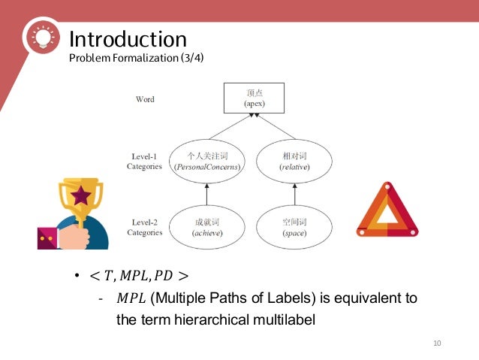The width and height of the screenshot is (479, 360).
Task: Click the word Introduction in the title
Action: (128, 38)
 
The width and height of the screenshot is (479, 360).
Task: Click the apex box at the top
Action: (254, 97)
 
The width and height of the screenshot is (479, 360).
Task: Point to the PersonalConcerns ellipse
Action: (206, 160)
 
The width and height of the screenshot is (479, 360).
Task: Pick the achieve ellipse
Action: (206, 227)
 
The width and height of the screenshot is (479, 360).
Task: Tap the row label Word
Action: (145, 98)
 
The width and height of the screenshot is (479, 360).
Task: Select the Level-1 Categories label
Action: (144, 161)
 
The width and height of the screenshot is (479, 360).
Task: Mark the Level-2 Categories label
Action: (144, 227)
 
